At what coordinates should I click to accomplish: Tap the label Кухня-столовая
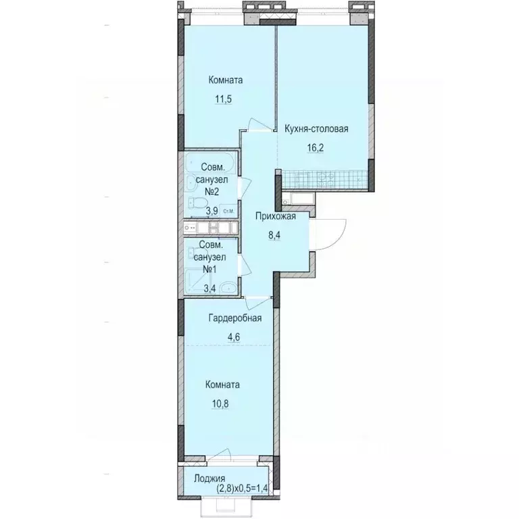316,129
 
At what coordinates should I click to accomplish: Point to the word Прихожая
276,216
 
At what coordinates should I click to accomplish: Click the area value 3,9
212,211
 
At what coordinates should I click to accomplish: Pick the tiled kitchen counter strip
325,179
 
